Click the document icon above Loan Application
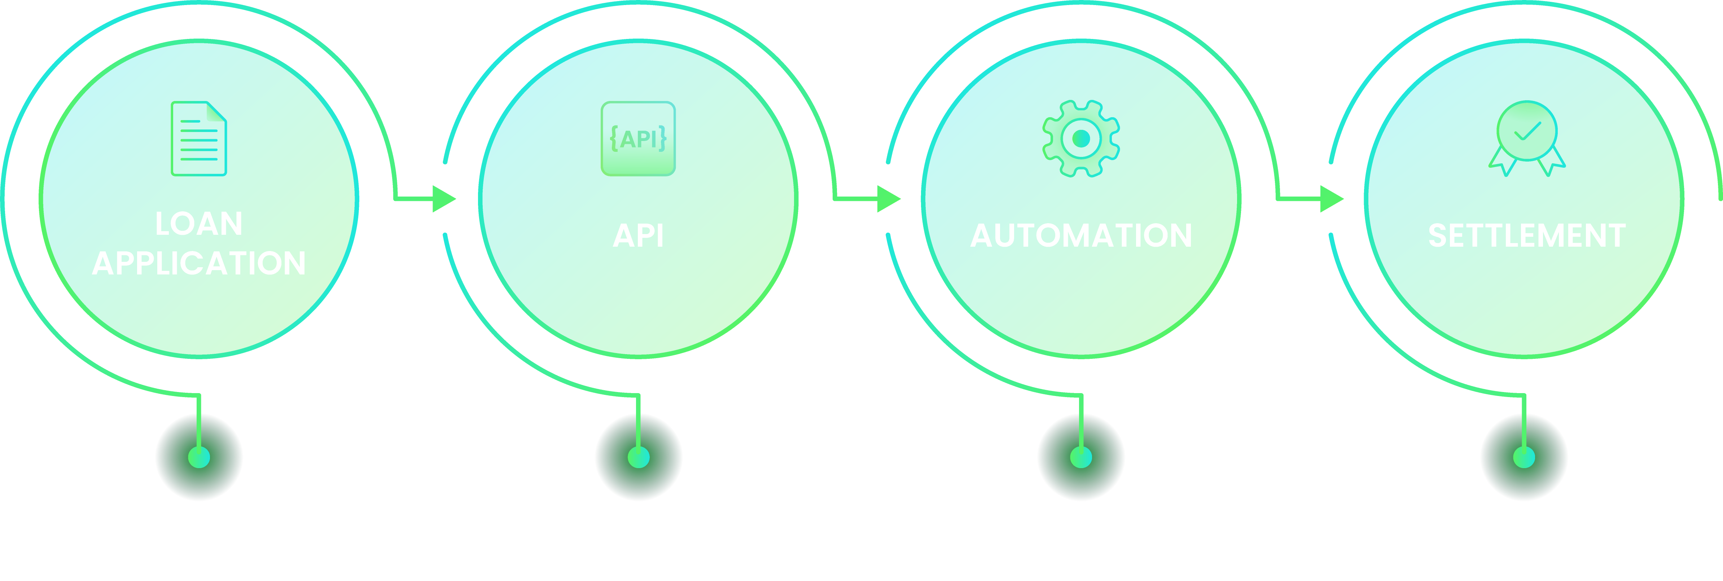[x=199, y=138]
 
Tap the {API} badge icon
[x=638, y=138]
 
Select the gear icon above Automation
[x=1081, y=138]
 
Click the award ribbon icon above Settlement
[x=1526, y=138]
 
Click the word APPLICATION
[x=199, y=263]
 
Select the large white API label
[x=638, y=236]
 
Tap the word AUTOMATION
[x=1081, y=236]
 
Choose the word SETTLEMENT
[x=1526, y=236]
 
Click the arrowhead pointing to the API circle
[x=443, y=199]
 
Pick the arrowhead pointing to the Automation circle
[x=888, y=199]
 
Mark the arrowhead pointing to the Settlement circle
[x=1332, y=199]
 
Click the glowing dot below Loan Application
[x=199, y=457]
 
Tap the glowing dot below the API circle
[x=638, y=457]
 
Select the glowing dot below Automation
[x=1081, y=457]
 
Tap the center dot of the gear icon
[x=1081, y=138]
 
